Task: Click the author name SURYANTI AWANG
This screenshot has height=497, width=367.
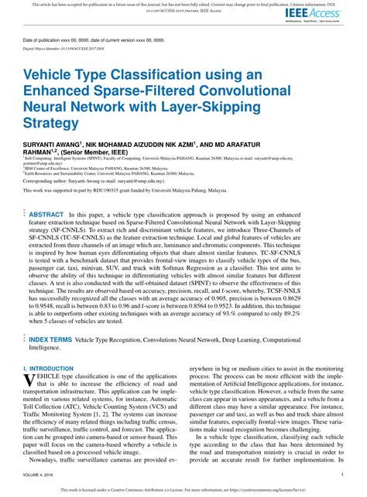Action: coord(54,145)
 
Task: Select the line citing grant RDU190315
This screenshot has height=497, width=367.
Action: coord(118,190)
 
